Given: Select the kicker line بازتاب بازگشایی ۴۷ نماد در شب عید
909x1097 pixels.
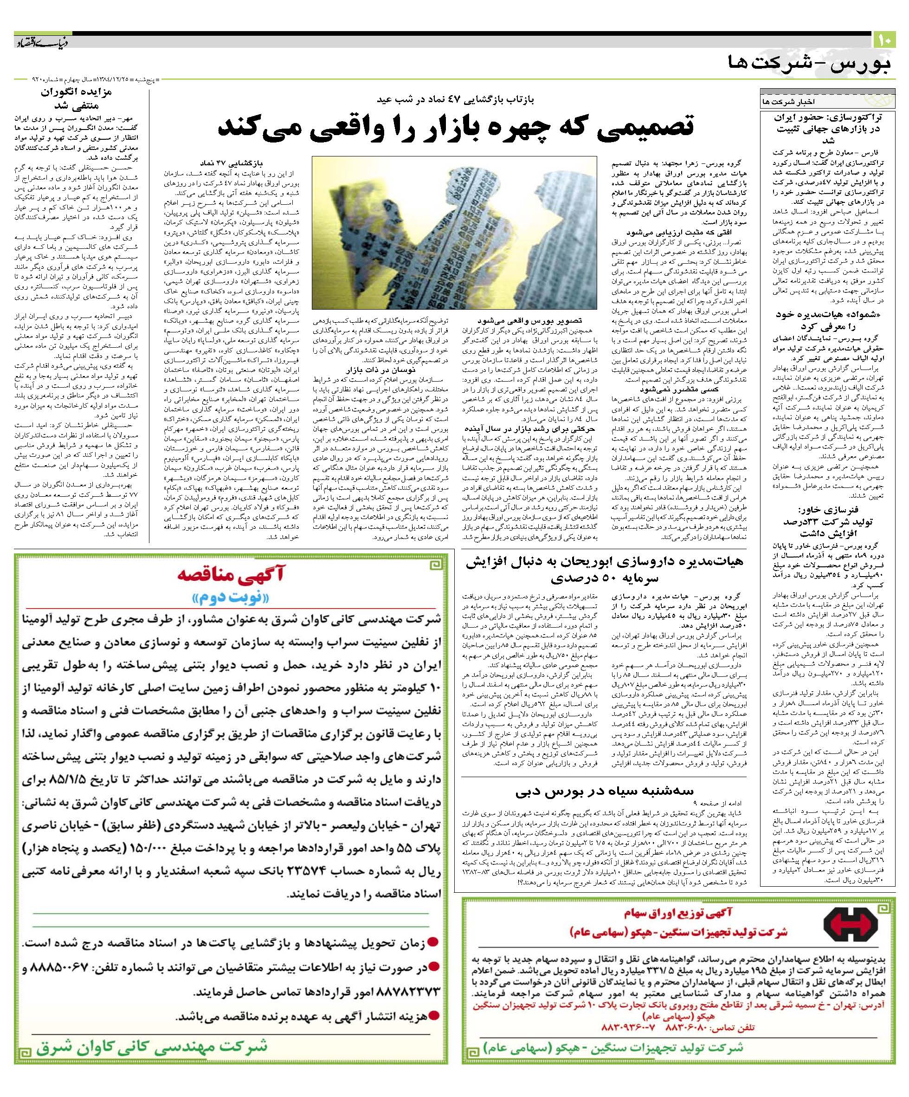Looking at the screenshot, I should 456,98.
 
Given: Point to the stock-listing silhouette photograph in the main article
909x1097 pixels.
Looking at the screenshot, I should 454,233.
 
